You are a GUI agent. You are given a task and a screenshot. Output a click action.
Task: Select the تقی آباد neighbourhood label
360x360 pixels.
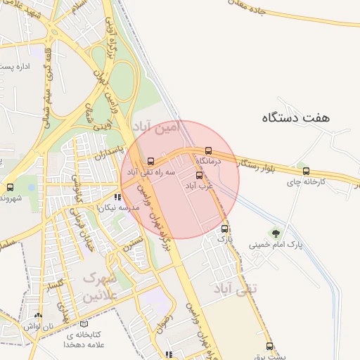coord(234,288)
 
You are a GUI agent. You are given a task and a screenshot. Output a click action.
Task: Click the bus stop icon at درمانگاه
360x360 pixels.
coord(208,150)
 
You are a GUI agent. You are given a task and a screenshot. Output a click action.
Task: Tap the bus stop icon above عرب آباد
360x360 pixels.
coord(199,175)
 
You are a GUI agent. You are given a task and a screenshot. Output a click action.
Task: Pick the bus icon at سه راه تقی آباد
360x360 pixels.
coord(150,161)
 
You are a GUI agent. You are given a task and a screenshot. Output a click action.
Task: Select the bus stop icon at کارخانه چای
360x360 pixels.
coord(305,170)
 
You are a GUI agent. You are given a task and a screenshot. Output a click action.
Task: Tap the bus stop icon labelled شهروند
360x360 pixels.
coord(10,187)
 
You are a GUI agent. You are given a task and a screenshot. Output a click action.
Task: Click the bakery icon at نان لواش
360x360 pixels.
coord(38,316)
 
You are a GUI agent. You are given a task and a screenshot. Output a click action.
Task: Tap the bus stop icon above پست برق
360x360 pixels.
coord(269,345)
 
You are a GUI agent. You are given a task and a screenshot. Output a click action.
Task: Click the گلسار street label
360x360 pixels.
coord(54,286)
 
